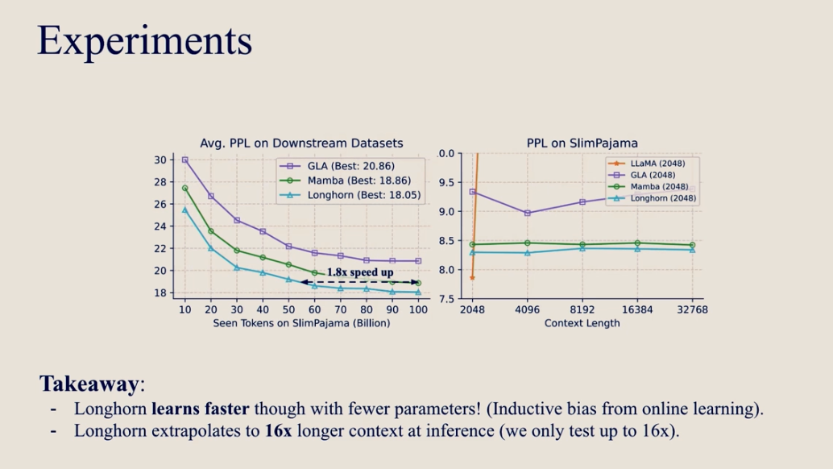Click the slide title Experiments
click(144, 40)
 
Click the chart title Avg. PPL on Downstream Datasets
click(301, 143)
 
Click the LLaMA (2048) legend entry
click(653, 164)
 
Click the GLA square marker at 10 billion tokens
click(185, 160)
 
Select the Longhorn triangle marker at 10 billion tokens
click(185, 210)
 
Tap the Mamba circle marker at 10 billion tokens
click(185, 189)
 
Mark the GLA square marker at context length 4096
click(528, 213)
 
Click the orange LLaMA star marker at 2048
click(473, 277)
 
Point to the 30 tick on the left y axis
click(160, 160)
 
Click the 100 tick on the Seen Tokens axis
click(417, 309)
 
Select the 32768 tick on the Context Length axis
click(691, 309)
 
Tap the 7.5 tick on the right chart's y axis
click(446, 299)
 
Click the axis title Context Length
click(582, 323)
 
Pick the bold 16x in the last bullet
click(278, 430)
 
